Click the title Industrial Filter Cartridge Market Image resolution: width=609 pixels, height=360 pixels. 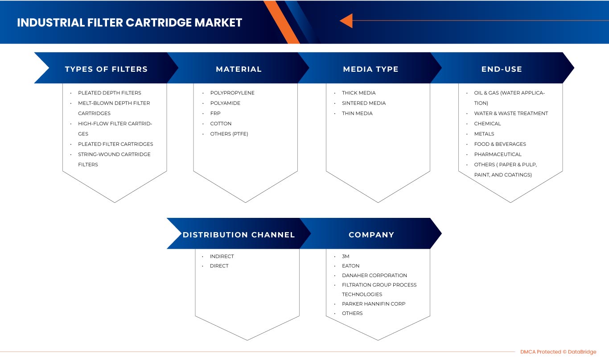[x=129, y=23]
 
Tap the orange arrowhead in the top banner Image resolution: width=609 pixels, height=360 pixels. [x=346, y=20]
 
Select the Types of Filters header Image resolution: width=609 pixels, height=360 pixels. [x=106, y=69]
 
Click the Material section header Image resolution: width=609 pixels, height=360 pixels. [x=239, y=69]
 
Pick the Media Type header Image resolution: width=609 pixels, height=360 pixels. [x=370, y=69]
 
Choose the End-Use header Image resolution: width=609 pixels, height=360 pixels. [x=502, y=69]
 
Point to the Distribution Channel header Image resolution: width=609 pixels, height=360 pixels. [x=239, y=235]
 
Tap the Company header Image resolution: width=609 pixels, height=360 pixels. [x=371, y=235]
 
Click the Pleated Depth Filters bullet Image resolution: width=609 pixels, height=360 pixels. [x=109, y=93]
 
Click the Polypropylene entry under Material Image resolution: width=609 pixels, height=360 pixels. [x=232, y=93]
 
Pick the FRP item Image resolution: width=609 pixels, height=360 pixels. [x=215, y=113]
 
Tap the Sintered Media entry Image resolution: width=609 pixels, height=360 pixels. [x=364, y=103]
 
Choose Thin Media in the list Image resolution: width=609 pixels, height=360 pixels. [x=357, y=113]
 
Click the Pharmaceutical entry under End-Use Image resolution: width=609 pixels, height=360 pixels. [x=498, y=154]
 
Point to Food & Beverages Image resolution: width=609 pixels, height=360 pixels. [x=500, y=144]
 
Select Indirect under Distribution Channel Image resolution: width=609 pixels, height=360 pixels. [x=222, y=256]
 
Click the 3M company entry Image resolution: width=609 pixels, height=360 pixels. [x=346, y=256]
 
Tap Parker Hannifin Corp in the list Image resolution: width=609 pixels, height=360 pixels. [x=374, y=303]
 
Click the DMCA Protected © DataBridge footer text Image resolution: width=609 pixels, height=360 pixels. [x=558, y=352]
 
